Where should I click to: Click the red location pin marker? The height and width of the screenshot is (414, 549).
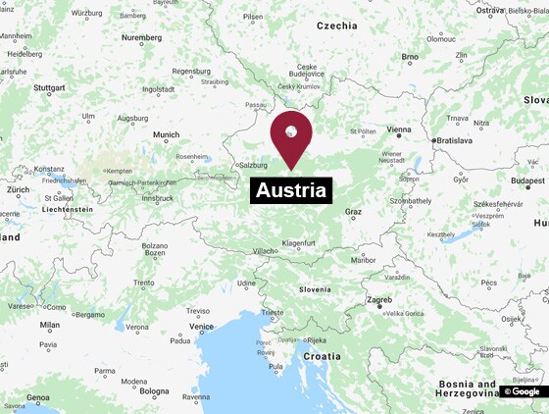(291, 134)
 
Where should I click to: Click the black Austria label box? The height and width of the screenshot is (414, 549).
(292, 190)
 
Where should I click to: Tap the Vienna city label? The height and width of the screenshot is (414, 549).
(399, 129)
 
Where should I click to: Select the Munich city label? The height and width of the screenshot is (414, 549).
(166, 134)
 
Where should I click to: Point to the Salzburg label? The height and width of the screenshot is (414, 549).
(253, 165)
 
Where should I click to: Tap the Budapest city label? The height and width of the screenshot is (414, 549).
(527, 181)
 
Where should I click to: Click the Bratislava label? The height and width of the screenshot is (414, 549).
(455, 140)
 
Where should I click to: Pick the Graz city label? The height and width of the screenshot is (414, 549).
(353, 212)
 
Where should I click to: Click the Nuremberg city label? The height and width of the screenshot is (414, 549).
(141, 37)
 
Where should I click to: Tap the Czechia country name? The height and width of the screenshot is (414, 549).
(336, 26)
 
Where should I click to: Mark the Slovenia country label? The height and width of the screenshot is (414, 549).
(315, 289)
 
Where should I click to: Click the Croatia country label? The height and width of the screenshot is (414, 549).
(322, 356)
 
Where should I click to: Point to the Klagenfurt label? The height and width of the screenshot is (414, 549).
(298, 242)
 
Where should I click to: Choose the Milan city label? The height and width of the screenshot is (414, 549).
(49, 325)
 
